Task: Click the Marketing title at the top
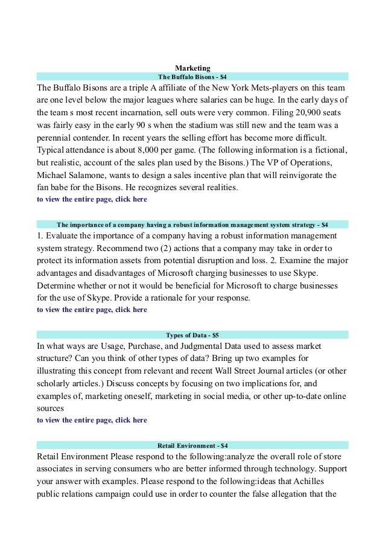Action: (192, 68)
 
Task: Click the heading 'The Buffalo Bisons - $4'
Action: (192, 77)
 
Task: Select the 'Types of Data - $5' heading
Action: (192, 335)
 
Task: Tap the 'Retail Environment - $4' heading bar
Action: (192, 445)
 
